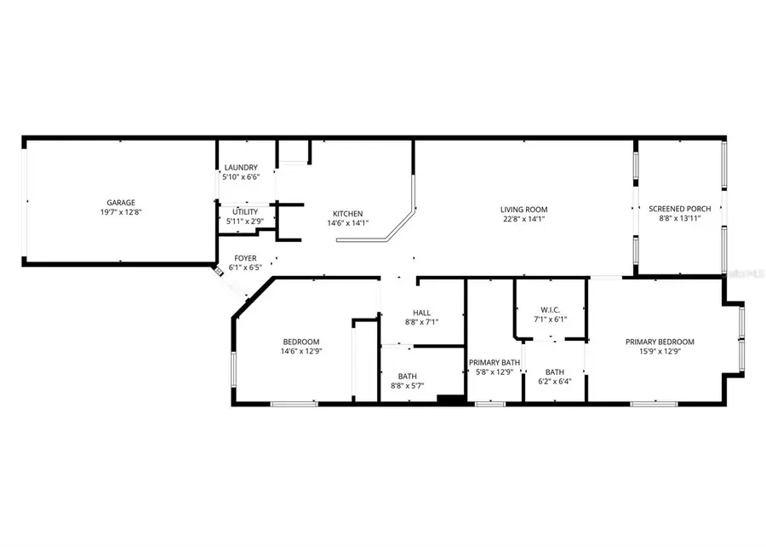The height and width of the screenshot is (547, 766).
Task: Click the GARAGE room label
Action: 120,203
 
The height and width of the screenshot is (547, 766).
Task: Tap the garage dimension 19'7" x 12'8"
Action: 120,212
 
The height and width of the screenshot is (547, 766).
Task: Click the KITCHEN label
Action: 347,214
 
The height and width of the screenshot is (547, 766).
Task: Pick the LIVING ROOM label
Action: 523,209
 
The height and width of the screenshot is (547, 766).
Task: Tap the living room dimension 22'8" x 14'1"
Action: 523,219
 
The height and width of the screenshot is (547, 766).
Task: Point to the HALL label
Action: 421,313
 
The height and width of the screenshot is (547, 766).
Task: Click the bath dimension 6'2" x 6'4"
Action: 555,382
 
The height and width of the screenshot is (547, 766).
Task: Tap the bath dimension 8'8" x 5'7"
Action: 408,386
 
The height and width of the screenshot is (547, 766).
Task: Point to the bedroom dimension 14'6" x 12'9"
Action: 301,351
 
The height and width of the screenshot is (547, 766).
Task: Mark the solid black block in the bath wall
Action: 449,398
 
